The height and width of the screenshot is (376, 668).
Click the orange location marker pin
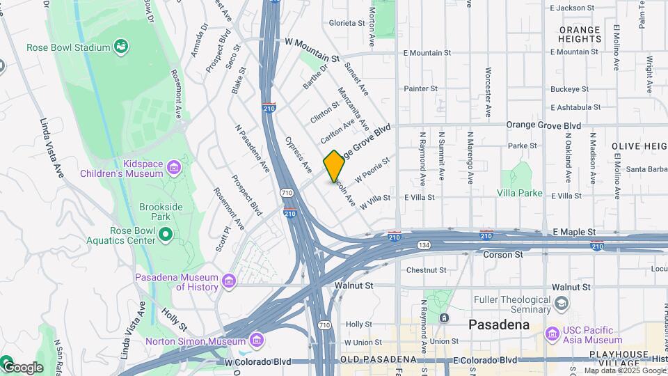[334, 166]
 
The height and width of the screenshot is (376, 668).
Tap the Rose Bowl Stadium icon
[122, 47]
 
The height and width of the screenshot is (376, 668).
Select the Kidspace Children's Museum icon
[173, 168]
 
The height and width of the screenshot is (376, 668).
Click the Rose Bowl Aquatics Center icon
[165, 235]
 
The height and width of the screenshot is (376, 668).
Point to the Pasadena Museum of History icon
[229, 281]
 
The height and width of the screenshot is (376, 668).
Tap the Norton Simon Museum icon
[257, 340]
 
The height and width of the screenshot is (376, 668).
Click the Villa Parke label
[520, 192]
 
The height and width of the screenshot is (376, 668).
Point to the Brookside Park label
[161, 212]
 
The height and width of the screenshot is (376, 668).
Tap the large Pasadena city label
[499, 324]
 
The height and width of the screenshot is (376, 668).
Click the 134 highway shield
[423, 245]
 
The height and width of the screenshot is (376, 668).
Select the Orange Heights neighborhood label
[580, 34]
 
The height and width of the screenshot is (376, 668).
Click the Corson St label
[502, 255]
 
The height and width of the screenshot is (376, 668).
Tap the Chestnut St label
[426, 269]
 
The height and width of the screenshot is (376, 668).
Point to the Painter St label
[421, 88]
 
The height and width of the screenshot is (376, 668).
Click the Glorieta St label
[347, 23]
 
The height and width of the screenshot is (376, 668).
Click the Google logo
[23, 367]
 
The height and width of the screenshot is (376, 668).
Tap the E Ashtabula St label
[575, 107]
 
